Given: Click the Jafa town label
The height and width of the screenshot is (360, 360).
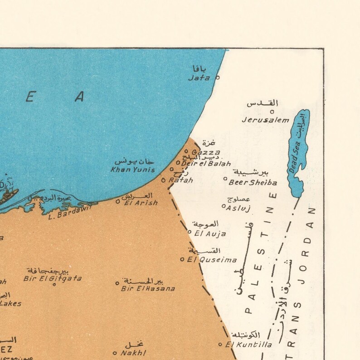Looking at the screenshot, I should coord(199,78).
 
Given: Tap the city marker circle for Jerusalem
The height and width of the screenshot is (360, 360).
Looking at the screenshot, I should coord(272,111).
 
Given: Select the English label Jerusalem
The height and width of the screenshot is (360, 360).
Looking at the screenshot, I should coord(265,120).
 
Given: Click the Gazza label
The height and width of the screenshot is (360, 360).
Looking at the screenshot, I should coord(206,152).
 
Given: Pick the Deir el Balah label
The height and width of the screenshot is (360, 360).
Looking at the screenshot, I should coord(206,163).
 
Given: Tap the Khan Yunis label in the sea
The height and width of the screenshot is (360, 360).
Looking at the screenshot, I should coord(133,170).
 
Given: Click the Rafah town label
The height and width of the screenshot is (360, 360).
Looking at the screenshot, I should coord(181,180).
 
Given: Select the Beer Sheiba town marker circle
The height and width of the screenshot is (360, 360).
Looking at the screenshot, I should coord(225,178).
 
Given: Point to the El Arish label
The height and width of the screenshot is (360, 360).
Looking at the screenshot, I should coord(141,203).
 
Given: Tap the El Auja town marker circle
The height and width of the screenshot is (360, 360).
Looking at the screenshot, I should coord(190,231).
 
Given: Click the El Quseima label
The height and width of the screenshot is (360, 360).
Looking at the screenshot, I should coord(212,260).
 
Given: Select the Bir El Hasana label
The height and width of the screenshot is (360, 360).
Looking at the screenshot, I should coord(148,288).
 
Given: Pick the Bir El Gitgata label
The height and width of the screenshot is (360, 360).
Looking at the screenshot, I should coord(54,278).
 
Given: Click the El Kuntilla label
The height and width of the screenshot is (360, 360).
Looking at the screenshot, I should coord(249,345).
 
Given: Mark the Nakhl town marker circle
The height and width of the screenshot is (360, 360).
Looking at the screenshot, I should coord(115,353).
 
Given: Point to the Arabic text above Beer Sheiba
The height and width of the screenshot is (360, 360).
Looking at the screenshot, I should coord(251,172).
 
